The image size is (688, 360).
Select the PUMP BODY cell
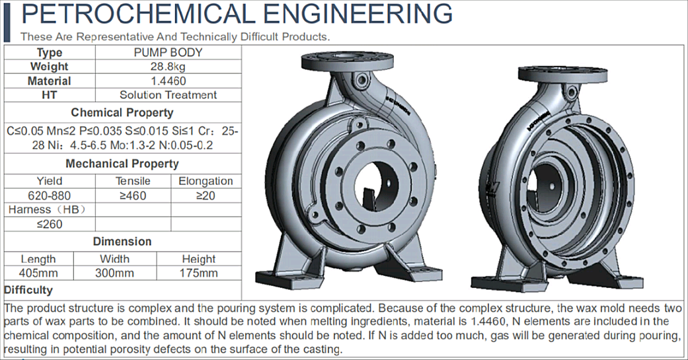(168, 52)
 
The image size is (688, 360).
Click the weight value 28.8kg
(168, 67)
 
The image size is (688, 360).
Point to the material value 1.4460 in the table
(168, 81)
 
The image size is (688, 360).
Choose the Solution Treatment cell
(168, 95)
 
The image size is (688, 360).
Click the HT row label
(50, 95)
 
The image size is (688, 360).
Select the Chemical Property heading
(122, 112)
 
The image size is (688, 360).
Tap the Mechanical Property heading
(122, 163)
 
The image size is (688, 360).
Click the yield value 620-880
(50, 196)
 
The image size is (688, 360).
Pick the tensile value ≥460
(133, 196)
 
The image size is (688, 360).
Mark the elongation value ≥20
(206, 196)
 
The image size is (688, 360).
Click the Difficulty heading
(28, 290)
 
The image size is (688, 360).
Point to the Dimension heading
(122, 242)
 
